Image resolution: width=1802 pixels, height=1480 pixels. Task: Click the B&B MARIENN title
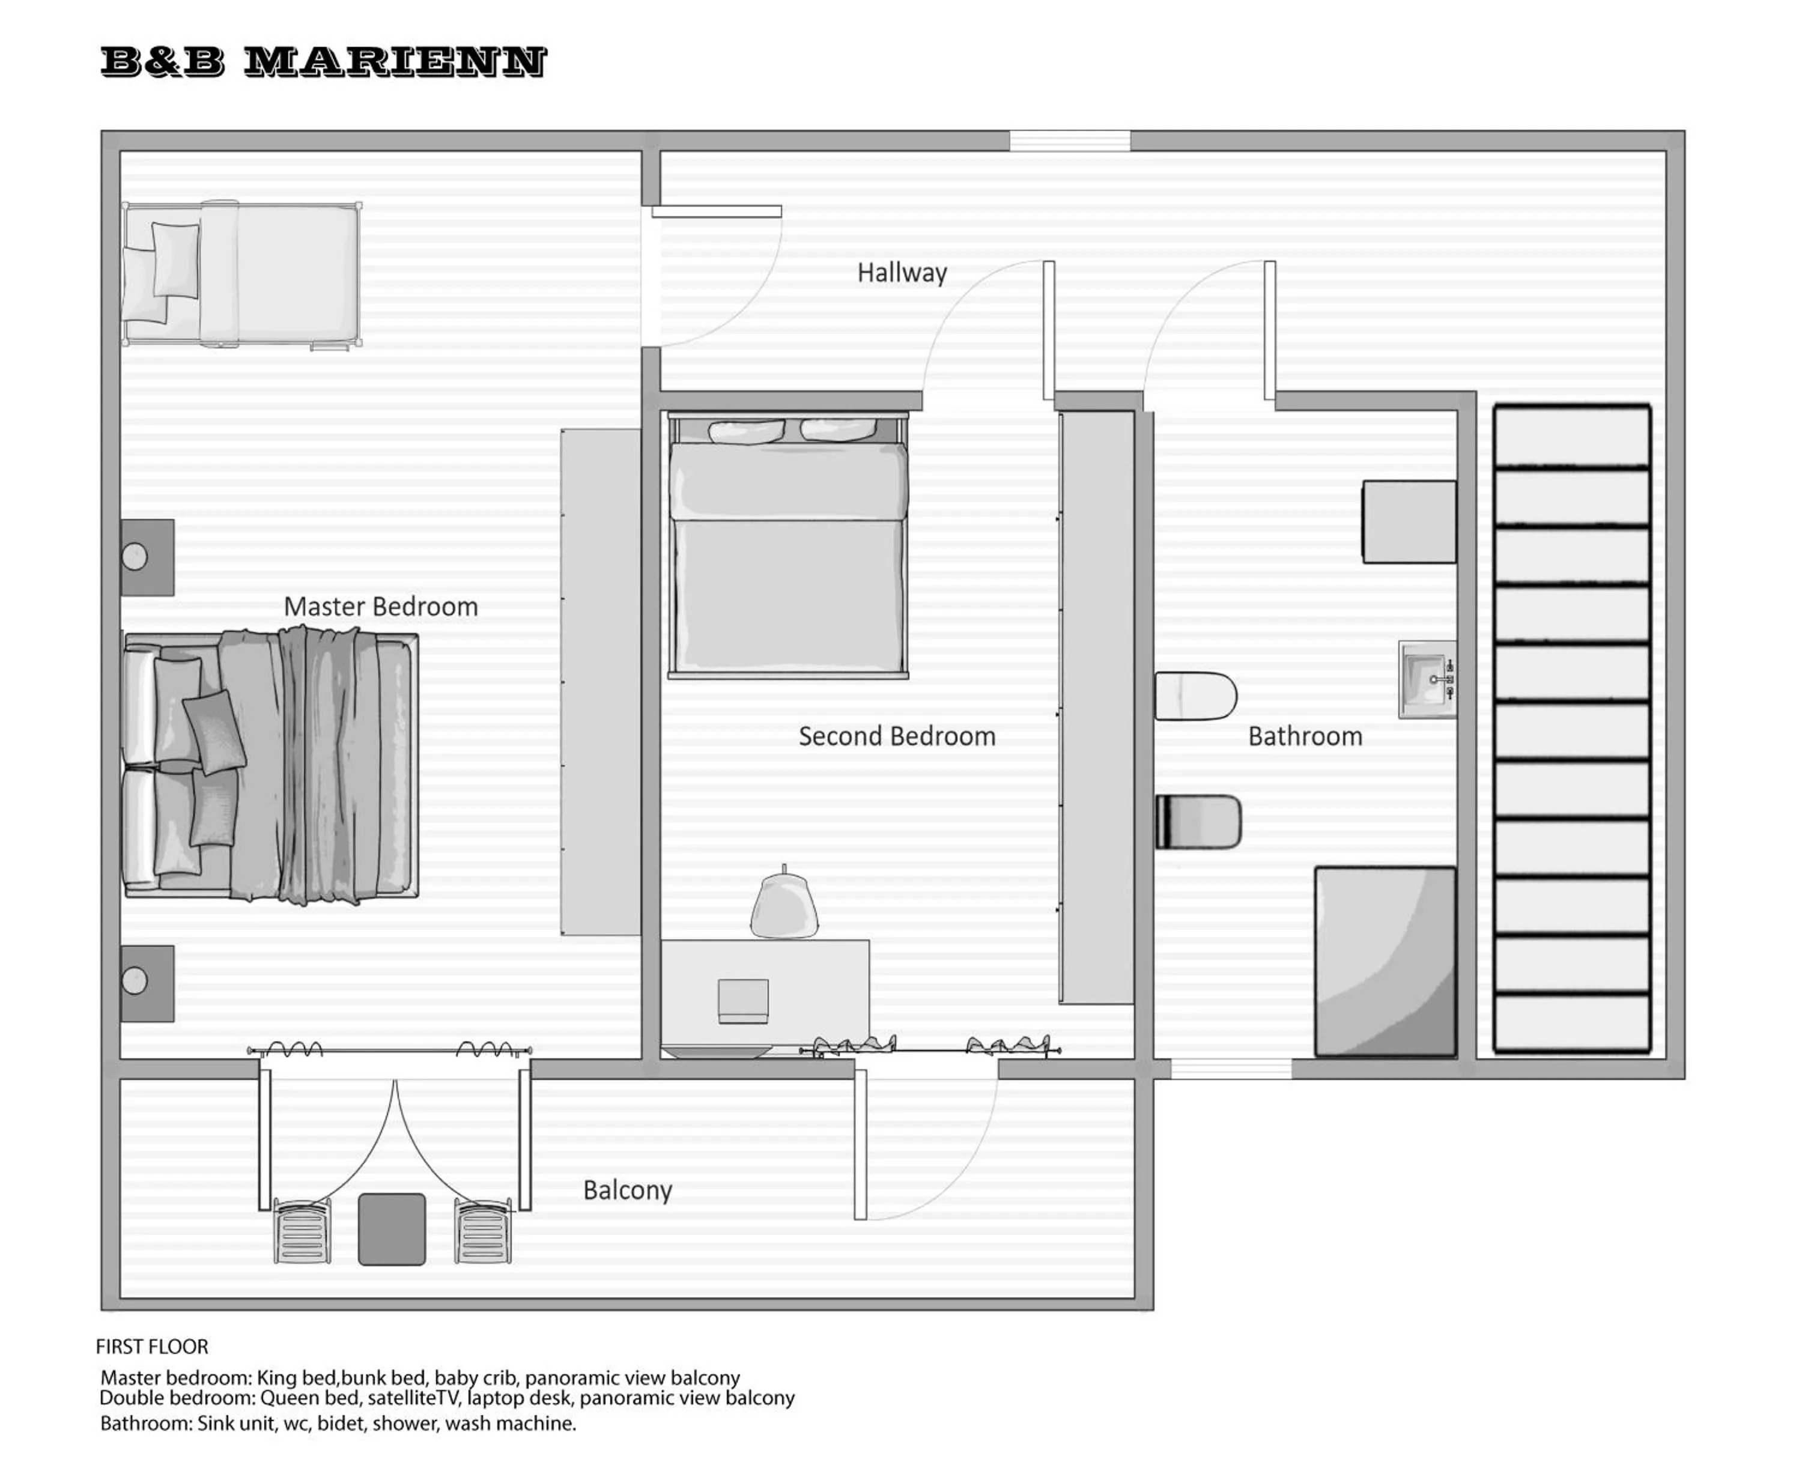point(323,62)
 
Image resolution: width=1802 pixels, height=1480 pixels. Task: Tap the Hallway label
point(901,273)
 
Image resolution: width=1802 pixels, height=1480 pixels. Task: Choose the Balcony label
point(627,1189)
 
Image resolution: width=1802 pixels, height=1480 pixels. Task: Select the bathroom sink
point(1427,679)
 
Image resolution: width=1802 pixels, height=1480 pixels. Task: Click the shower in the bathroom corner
point(1385,962)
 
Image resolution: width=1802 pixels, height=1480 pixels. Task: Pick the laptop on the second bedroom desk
point(742,1000)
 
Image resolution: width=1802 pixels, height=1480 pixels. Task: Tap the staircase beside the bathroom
point(1571,729)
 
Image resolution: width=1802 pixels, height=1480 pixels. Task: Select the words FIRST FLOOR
point(152,1346)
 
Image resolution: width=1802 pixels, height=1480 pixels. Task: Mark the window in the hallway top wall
point(1070,141)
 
